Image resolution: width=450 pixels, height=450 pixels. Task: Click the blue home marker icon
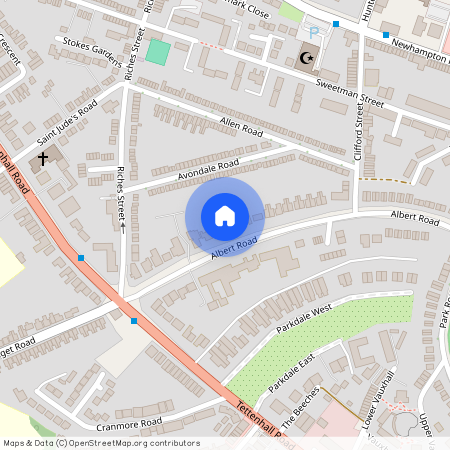[224, 216]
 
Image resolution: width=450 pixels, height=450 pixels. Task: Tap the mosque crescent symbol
[305, 57]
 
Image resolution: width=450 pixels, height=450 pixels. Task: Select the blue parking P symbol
[312, 34]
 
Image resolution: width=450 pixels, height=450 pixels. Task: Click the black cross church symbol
[44, 158]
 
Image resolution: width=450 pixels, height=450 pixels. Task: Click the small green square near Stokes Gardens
[157, 52]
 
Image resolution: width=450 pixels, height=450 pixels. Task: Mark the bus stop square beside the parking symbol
[336, 23]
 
